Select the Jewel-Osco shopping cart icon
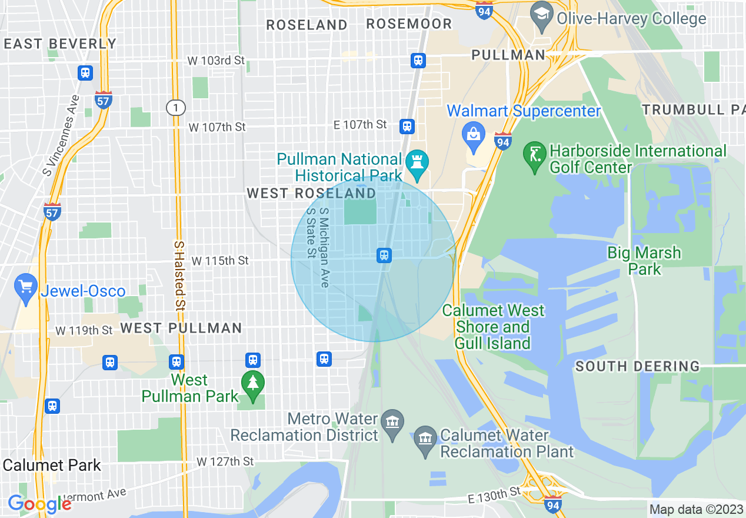pyautogui.click(x=25, y=287)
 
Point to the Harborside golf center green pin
pyautogui.click(x=534, y=155)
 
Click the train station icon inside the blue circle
pyautogui.click(x=384, y=255)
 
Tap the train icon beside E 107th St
pyautogui.click(x=407, y=126)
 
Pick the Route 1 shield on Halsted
pyautogui.click(x=175, y=108)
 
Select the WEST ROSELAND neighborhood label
pyautogui.click(x=311, y=193)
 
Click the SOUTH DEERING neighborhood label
pyautogui.click(x=637, y=366)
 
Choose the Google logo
pyautogui.click(x=39, y=504)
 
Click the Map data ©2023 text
pyautogui.click(x=695, y=509)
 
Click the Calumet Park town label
pyautogui.click(x=52, y=465)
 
